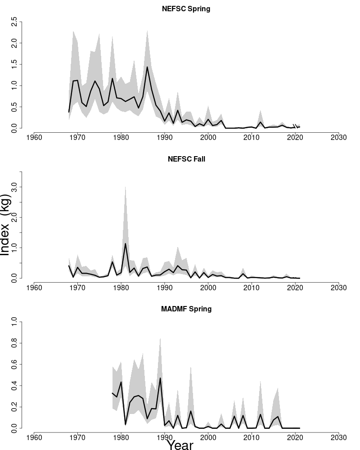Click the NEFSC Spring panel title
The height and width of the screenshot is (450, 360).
click(x=186, y=9)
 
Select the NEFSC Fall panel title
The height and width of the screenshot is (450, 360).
click(x=186, y=158)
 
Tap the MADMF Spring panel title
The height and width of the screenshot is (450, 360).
click(x=186, y=309)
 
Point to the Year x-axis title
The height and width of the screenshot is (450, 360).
click(x=180, y=445)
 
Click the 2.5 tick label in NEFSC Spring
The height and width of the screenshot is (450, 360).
click(x=15, y=21)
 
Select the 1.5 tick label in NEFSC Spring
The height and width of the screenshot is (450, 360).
click(x=15, y=64)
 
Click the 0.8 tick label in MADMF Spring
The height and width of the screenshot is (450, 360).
click(x=15, y=343)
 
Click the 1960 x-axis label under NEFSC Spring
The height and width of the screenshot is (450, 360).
click(x=34, y=137)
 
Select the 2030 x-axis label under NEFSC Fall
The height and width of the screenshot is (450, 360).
click(x=338, y=287)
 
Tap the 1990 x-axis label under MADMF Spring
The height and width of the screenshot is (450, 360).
click(x=165, y=437)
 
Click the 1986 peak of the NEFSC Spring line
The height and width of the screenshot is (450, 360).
click(x=147, y=67)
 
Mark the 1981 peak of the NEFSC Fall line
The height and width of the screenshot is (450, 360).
click(x=125, y=243)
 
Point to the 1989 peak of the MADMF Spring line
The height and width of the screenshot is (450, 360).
click(x=160, y=378)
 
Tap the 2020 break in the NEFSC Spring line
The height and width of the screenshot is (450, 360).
click(x=295, y=126)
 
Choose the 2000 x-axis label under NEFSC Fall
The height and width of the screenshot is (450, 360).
click(x=208, y=287)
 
